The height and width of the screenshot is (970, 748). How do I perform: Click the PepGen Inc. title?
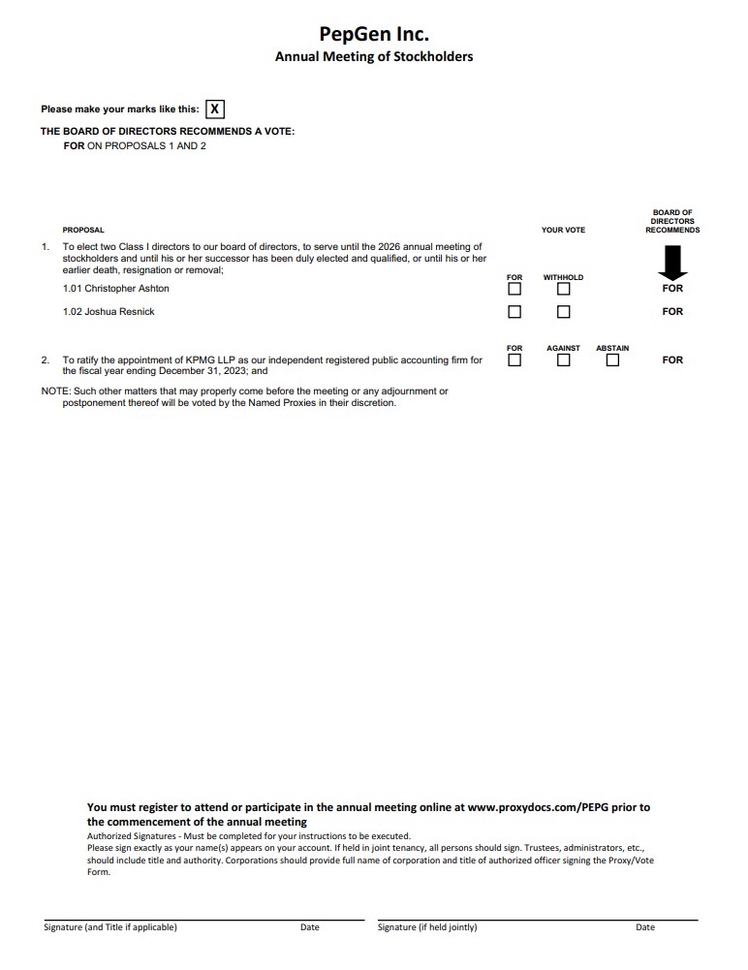(374, 34)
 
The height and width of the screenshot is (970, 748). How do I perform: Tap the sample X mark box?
(215, 109)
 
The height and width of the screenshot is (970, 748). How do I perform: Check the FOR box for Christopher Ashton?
(514, 289)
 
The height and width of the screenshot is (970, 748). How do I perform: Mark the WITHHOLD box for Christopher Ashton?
(563, 289)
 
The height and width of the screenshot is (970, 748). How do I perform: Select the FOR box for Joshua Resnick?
(514, 312)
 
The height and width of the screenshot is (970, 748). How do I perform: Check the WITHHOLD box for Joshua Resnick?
(563, 312)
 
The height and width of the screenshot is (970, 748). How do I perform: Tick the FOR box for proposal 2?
(514, 360)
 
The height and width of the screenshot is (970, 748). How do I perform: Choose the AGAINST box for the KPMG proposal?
(563, 360)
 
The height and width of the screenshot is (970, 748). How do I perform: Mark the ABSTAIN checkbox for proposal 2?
(612, 360)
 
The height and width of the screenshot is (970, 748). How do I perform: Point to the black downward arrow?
(672, 263)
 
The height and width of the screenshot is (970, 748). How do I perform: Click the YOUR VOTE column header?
(563, 231)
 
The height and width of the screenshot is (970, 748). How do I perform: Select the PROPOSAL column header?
(83, 231)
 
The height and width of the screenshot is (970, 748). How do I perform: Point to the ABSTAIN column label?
(612, 348)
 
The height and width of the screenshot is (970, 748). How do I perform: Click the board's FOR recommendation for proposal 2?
(672, 360)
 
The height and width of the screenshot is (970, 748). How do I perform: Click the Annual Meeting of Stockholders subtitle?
(374, 57)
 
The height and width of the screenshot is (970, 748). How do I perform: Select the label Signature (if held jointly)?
(427, 927)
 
